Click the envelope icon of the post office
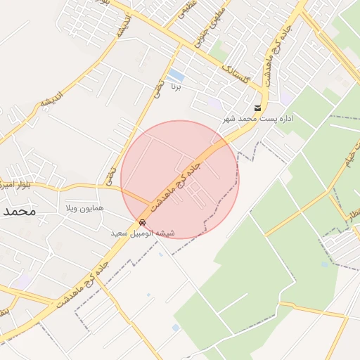pyautogui.click(x=258, y=108)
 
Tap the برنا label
pyautogui.click(x=178, y=87)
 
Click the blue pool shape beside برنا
pyautogui.click(x=176, y=75)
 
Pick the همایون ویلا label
pyautogui.click(x=84, y=209)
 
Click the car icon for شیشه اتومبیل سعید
pyautogui.click(x=143, y=223)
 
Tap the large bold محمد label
pyautogui.click(x=18, y=210)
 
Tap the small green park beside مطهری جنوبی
pyautogui.click(x=219, y=51)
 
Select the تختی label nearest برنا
pyautogui.click(x=160, y=88)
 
